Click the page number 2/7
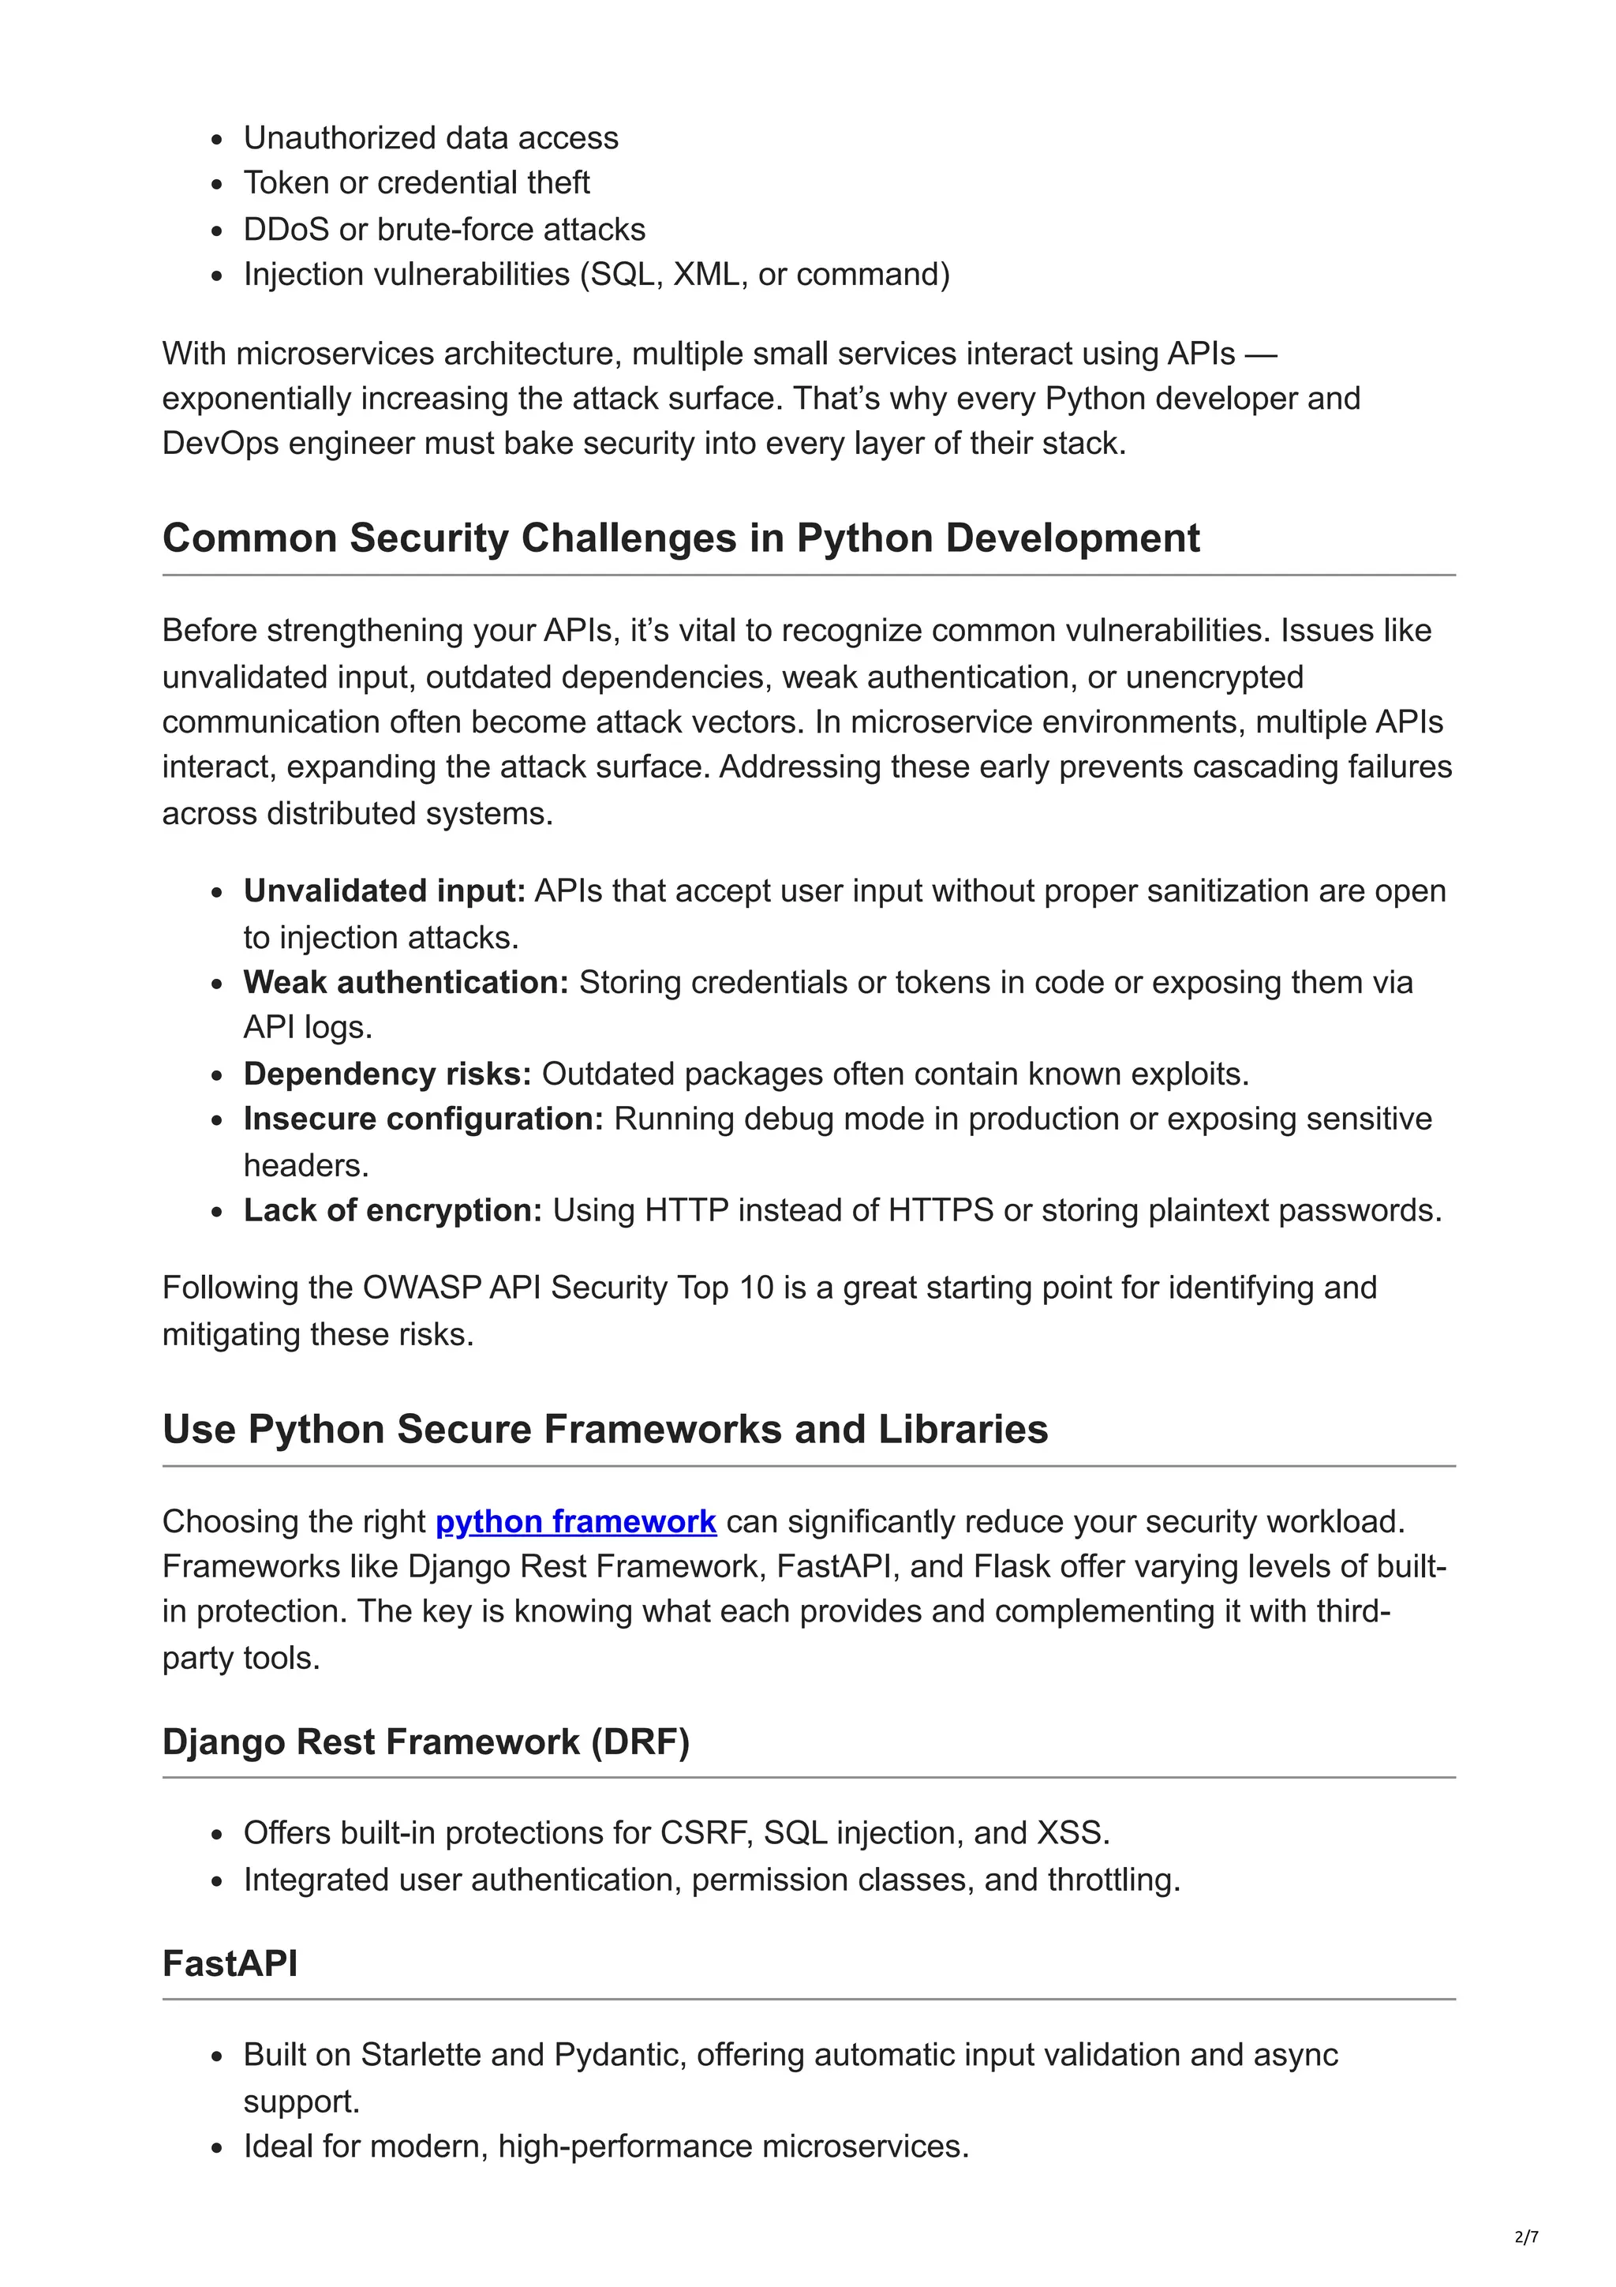point(1525,2236)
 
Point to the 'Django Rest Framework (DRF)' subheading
point(425,1742)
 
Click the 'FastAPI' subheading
point(230,1963)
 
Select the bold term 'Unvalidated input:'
point(383,890)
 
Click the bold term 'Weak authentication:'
point(406,982)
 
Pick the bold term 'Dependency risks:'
point(387,1074)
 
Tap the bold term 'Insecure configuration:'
point(423,1119)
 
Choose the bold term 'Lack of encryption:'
point(392,1210)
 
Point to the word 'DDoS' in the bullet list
point(286,229)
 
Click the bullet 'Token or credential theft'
point(416,183)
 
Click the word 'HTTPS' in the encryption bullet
point(940,1210)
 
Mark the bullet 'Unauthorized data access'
point(430,137)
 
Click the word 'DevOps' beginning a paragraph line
point(220,443)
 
